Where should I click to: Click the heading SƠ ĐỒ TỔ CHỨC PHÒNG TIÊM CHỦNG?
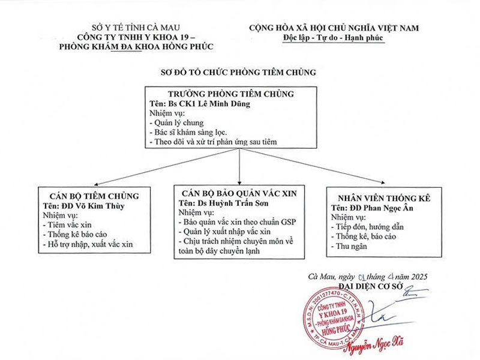238,73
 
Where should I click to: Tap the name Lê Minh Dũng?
224,104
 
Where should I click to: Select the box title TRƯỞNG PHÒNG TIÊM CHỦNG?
231,94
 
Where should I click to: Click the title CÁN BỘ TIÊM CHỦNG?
94,196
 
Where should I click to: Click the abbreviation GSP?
289,222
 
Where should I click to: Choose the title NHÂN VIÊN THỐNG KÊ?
384,199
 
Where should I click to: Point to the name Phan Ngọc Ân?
388,208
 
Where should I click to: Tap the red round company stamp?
334,318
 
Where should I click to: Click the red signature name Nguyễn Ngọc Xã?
374,344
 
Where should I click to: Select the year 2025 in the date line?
419,277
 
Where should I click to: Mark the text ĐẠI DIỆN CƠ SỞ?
371,286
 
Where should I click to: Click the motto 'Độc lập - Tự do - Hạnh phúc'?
333,38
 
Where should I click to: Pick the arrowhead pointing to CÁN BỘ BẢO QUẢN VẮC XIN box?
239,183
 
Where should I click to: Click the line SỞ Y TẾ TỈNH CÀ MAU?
136,28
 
